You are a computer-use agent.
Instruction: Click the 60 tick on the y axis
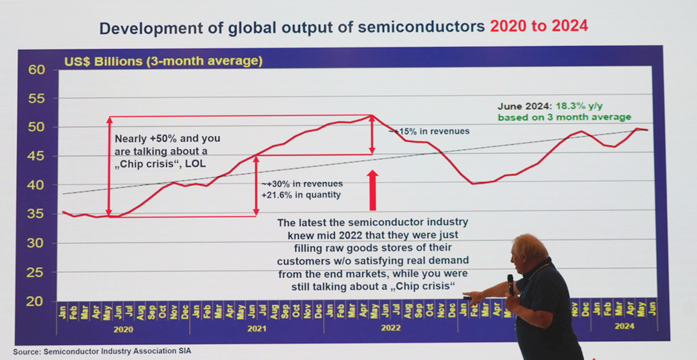(37, 70)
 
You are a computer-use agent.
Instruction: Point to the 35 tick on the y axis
(37, 214)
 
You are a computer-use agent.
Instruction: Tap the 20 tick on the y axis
(37, 301)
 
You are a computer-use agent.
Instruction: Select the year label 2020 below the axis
(123, 329)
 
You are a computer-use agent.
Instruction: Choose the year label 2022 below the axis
(390, 328)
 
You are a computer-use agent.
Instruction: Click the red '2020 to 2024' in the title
(538, 27)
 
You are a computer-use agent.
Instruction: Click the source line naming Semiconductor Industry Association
(102, 352)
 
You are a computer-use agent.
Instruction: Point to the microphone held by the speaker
(510, 283)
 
